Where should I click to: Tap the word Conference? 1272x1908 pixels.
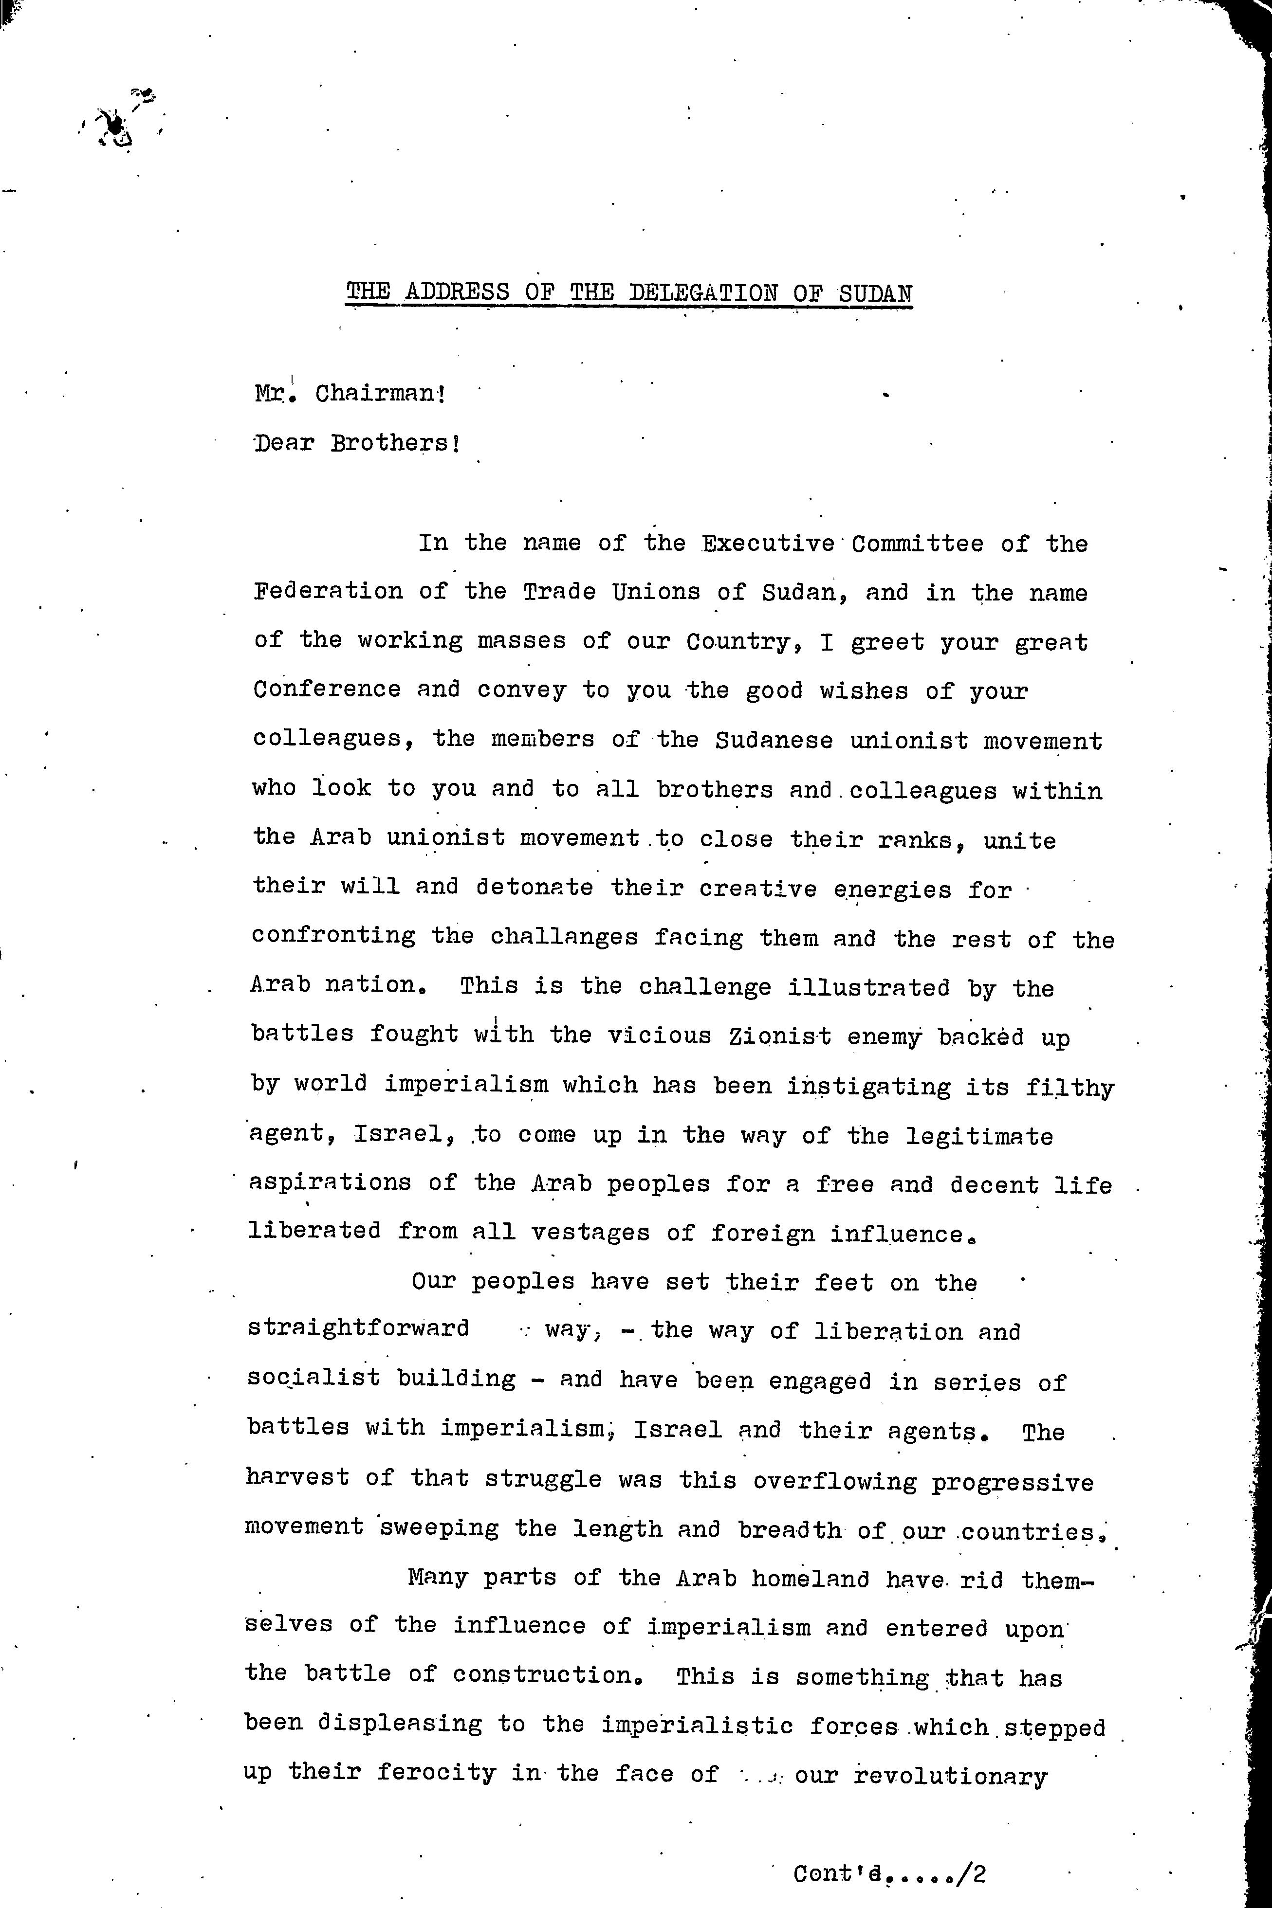pos(327,690)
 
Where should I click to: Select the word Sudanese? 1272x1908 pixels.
pos(774,740)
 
